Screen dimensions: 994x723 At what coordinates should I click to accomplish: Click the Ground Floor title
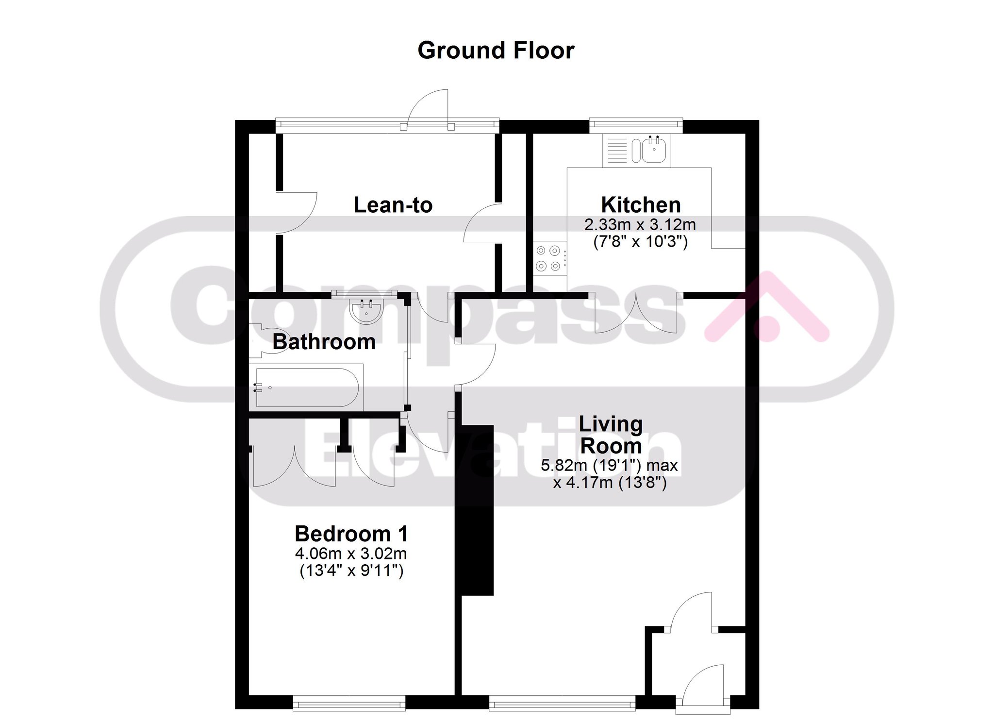(x=496, y=50)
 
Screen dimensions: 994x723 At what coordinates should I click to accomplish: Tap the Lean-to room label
(x=393, y=205)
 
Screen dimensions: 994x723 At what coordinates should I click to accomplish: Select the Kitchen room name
(x=641, y=205)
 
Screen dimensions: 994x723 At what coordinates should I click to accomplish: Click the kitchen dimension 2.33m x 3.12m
(x=640, y=225)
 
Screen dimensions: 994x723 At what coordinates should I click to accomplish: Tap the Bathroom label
(x=324, y=342)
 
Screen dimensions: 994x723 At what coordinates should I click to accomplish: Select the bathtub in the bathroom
(x=306, y=387)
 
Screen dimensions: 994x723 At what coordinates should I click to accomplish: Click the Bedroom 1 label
(x=351, y=534)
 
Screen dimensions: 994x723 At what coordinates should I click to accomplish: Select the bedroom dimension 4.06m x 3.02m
(x=351, y=554)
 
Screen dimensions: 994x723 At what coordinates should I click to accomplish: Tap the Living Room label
(x=611, y=435)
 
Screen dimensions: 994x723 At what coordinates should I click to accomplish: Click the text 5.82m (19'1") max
(x=610, y=465)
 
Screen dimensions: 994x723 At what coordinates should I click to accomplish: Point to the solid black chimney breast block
(x=477, y=510)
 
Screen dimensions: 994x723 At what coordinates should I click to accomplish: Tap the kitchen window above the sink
(x=636, y=126)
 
